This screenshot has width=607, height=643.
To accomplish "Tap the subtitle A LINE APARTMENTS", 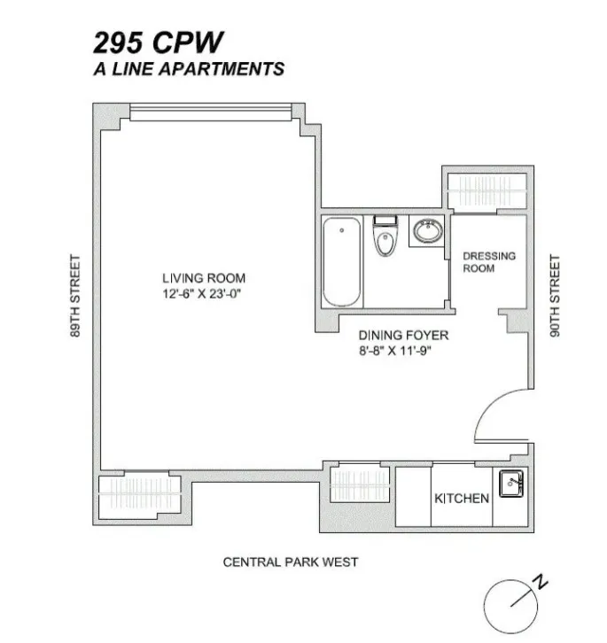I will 189,69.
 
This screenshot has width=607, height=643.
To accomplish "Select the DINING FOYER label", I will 403,336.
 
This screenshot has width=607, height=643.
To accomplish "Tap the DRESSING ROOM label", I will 488,262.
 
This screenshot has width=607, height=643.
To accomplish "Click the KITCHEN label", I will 461,499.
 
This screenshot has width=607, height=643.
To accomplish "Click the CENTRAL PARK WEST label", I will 291,562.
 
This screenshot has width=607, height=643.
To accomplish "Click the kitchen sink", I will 511,484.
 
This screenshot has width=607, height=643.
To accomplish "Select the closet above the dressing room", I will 489,190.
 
